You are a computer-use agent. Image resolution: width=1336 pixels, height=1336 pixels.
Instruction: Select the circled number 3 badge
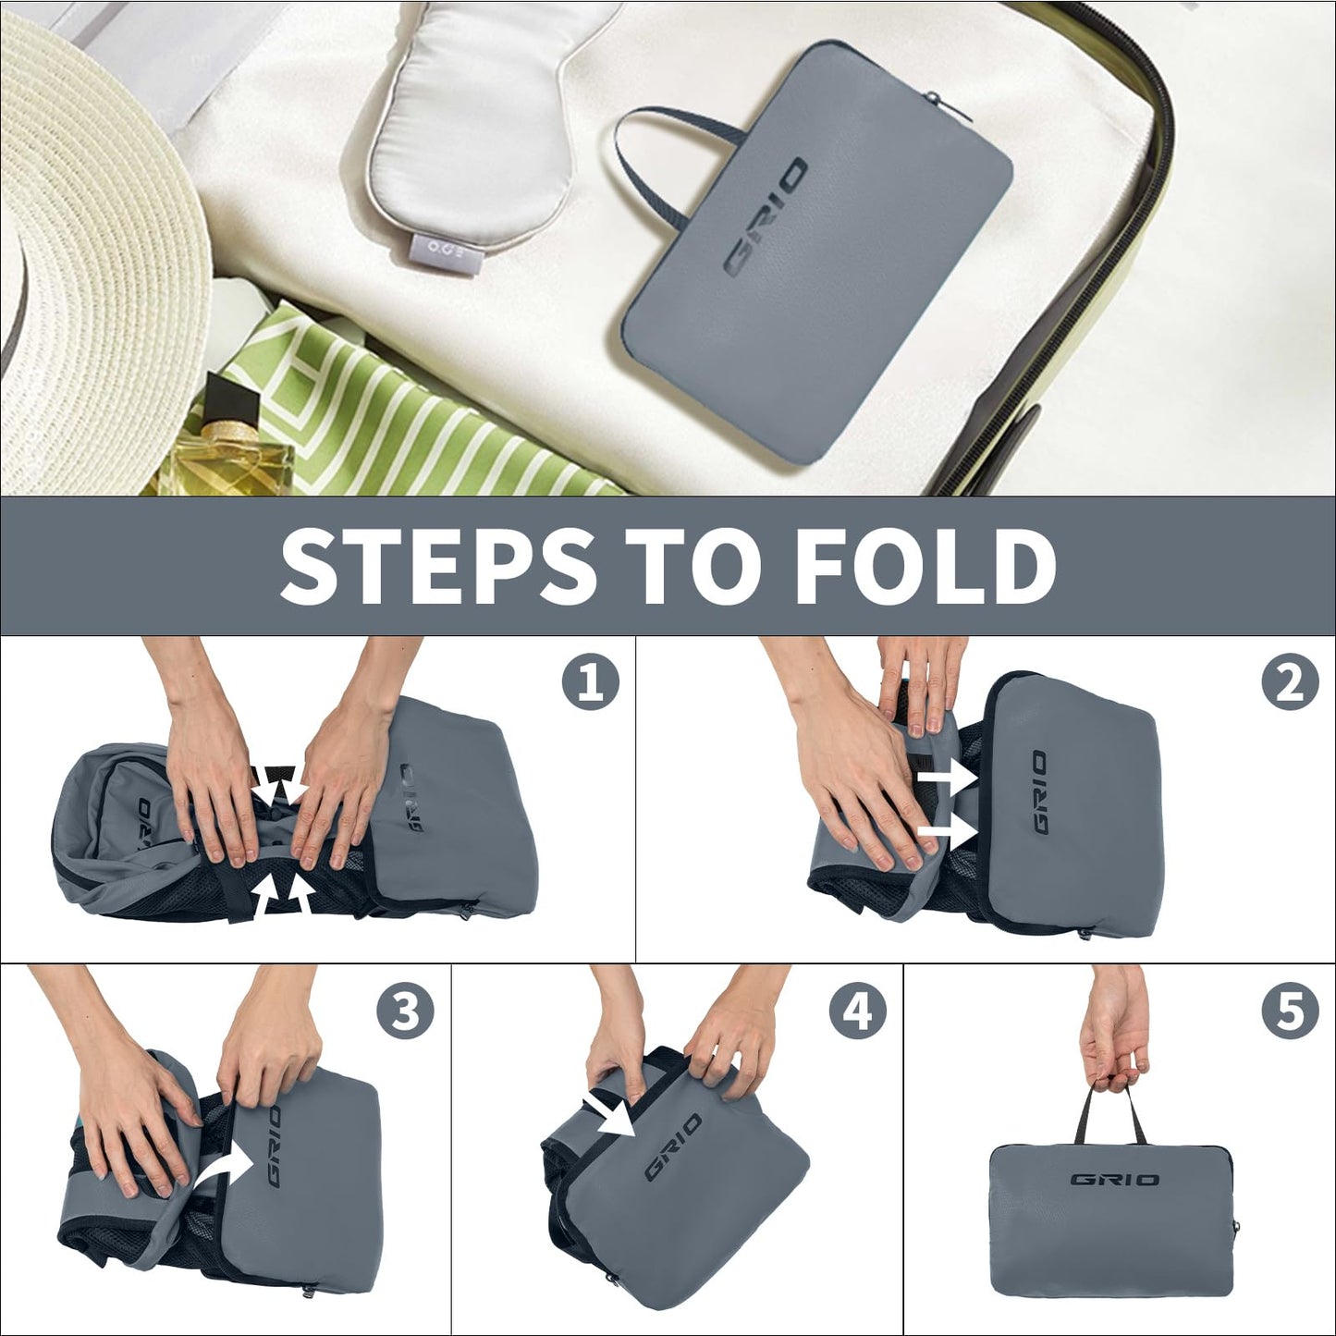coord(406,1010)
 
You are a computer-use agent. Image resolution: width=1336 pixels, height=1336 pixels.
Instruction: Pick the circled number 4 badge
coord(858,1010)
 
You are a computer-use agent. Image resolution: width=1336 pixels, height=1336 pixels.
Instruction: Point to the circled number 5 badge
coord(1290,1010)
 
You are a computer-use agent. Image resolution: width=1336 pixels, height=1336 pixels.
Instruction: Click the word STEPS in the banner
coord(438,567)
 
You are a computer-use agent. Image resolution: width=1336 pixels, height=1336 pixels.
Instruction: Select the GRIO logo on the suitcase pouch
coord(766,216)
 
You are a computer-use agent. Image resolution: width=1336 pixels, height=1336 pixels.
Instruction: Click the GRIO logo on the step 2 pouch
coord(1040,791)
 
